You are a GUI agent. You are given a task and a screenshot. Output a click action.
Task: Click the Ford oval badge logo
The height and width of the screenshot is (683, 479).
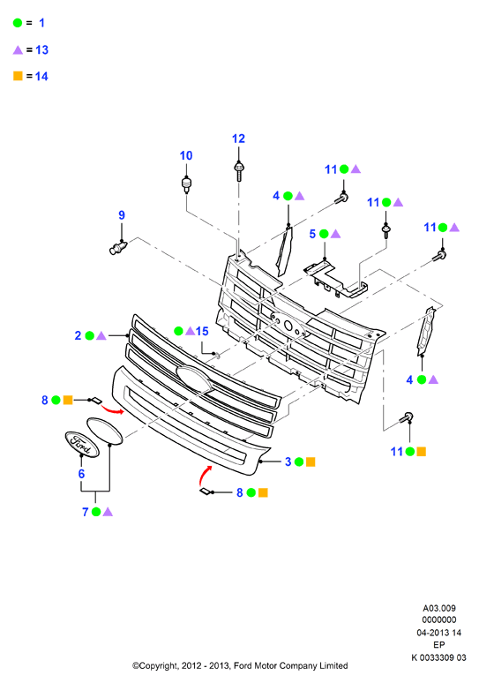coord(82,444)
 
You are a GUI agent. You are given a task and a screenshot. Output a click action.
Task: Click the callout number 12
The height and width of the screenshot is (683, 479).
coord(239,139)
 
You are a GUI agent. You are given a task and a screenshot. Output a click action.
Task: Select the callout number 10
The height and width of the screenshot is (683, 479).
coord(186,155)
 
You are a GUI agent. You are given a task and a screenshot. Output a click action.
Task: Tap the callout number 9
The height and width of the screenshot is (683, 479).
coord(122,214)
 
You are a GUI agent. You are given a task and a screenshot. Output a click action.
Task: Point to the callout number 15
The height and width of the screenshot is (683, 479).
coord(202,331)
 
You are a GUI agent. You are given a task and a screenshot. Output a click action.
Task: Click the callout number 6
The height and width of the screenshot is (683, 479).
coord(81,474)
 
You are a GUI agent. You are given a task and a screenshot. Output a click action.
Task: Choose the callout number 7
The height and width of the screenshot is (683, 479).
coord(86,512)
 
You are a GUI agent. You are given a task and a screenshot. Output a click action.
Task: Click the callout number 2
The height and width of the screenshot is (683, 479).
coord(78,335)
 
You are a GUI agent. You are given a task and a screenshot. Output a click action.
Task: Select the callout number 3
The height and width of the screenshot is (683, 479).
coord(288,462)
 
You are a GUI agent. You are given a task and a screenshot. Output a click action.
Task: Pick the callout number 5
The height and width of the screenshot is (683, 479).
coord(312,234)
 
